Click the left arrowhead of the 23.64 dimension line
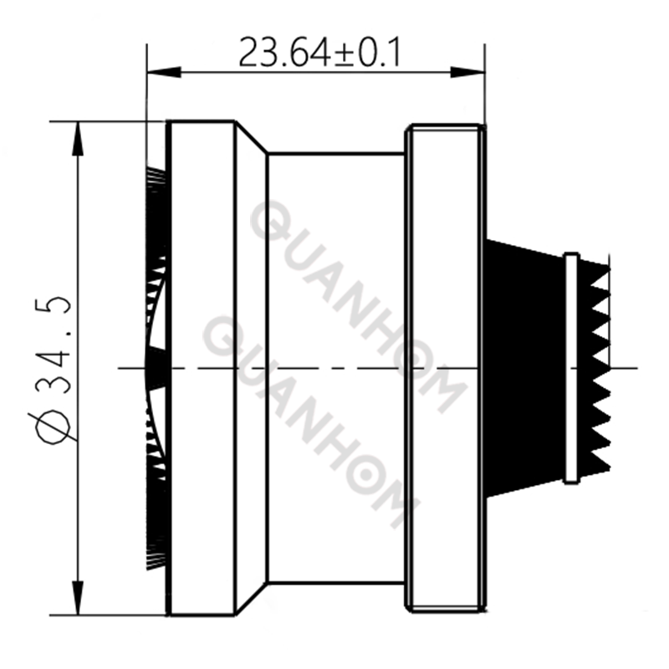(x=156, y=74)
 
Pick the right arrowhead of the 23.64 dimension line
(x=477, y=74)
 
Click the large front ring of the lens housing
(x=201, y=368)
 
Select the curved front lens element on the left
(x=155, y=368)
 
